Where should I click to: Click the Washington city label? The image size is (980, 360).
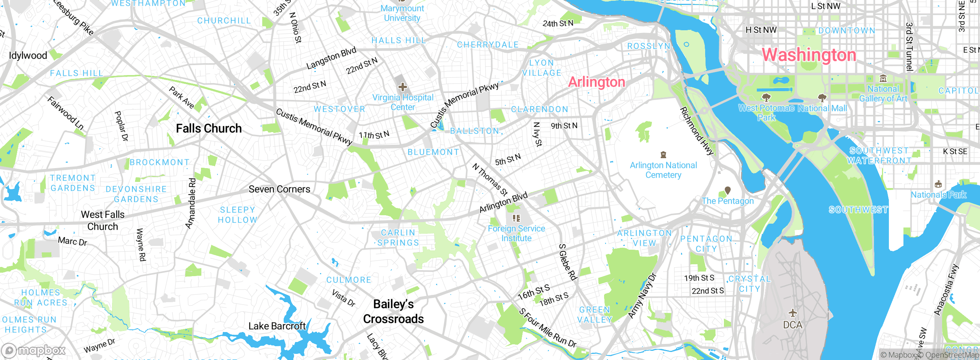(x=809, y=55)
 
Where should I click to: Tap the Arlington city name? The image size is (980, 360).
(x=596, y=82)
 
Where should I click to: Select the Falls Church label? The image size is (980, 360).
(x=209, y=128)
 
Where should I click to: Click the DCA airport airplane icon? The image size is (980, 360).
(x=792, y=313)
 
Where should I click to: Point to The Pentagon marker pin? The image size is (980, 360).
(x=728, y=190)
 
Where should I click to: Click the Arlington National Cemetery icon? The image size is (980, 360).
(x=663, y=155)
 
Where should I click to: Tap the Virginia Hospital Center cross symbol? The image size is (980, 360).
(x=402, y=87)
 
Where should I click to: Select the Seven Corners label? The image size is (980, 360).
(x=279, y=189)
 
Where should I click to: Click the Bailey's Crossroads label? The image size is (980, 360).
(x=393, y=311)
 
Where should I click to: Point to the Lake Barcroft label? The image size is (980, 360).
(x=277, y=326)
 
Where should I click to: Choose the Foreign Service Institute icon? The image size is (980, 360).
(x=516, y=218)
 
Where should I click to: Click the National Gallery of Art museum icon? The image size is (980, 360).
(x=883, y=79)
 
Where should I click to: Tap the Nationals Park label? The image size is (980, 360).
(x=938, y=195)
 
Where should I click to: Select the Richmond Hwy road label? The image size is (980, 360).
(x=696, y=131)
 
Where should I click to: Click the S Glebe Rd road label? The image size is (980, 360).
(x=568, y=262)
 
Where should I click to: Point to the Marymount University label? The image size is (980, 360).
(x=402, y=13)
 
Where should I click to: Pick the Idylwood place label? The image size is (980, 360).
(x=28, y=56)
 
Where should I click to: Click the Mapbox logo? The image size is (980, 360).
(x=34, y=350)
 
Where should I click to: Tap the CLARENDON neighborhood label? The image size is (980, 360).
(x=540, y=110)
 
